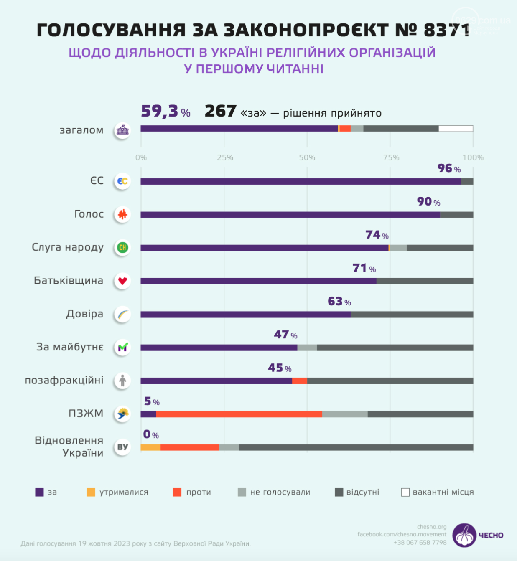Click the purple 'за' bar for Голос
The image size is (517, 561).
click(x=290, y=215)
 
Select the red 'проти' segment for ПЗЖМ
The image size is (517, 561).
click(x=239, y=414)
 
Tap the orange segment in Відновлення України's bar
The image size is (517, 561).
click(x=150, y=447)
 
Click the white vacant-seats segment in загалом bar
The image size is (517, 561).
click(x=456, y=129)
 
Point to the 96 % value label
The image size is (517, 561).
click(x=448, y=168)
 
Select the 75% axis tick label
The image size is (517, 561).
click(x=391, y=157)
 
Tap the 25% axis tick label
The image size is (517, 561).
click(x=225, y=157)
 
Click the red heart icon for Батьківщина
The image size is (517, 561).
click(x=122, y=281)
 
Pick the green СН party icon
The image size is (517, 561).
click(x=122, y=248)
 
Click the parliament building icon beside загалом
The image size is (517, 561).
click(x=122, y=131)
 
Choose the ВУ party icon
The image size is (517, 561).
click(x=122, y=447)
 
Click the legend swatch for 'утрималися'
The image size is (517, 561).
click(x=91, y=492)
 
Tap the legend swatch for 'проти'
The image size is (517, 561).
click(x=177, y=492)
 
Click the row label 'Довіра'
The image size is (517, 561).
click(x=84, y=314)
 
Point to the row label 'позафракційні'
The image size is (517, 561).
click(x=64, y=380)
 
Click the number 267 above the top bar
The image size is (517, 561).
click(x=220, y=112)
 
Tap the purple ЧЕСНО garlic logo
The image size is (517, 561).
click(x=464, y=535)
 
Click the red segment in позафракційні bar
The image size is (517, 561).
click(x=299, y=381)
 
